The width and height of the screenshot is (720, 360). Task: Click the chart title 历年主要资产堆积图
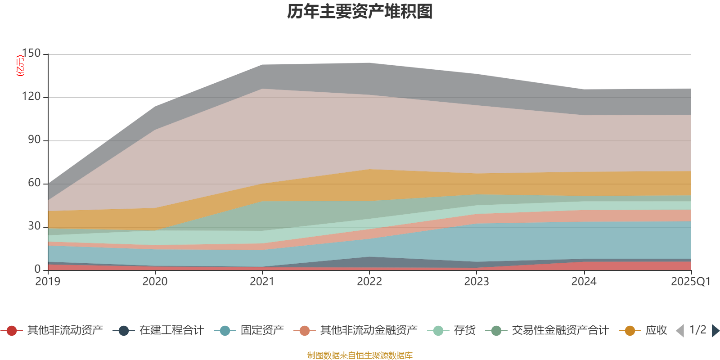tap(360, 12)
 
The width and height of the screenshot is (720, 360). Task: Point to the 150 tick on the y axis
tap(31, 54)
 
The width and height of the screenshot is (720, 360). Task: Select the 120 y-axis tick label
tap(31, 97)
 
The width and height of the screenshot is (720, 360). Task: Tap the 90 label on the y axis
tap(34, 140)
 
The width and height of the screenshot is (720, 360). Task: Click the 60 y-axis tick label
tap(34, 183)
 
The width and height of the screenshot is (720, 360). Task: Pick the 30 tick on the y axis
tap(34, 226)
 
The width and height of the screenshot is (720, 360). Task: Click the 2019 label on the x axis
tap(48, 282)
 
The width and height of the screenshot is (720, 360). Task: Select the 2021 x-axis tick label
tap(262, 282)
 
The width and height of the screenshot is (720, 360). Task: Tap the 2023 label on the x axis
tap(477, 282)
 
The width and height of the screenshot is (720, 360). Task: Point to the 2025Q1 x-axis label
tap(690, 282)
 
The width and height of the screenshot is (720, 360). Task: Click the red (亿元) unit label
tap(20, 66)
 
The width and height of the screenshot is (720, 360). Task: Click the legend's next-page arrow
tap(715, 331)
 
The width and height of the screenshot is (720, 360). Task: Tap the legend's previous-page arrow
tap(680, 331)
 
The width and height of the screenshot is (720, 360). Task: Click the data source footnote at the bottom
tap(360, 355)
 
